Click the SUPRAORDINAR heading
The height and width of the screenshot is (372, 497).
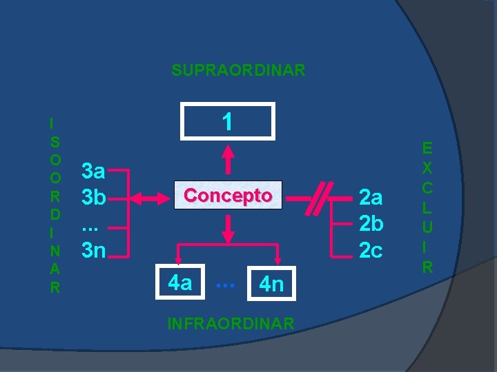tap(238, 70)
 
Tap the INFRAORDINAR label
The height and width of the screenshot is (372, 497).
tap(231, 324)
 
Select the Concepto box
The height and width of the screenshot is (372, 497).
tap(228, 195)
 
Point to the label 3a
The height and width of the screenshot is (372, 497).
tap(93, 171)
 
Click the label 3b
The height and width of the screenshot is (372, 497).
tap(93, 197)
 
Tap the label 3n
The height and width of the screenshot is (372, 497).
tap(93, 250)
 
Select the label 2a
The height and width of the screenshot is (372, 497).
tap(371, 198)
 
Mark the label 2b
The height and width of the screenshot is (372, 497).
tap(371, 223)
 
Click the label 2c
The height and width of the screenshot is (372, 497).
tap(371, 250)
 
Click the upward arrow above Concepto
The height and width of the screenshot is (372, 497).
tap(228, 159)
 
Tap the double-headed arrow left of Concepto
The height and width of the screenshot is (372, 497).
tap(150, 198)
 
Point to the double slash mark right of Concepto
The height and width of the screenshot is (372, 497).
tap(319, 198)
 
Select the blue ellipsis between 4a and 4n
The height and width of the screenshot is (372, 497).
tap(225, 285)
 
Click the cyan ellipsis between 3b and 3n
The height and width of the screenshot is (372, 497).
tap(90, 229)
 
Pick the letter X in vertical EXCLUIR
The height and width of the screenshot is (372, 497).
tap(427, 168)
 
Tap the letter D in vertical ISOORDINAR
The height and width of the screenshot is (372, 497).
tap(55, 215)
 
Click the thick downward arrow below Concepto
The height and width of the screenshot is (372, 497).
tap(228, 229)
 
